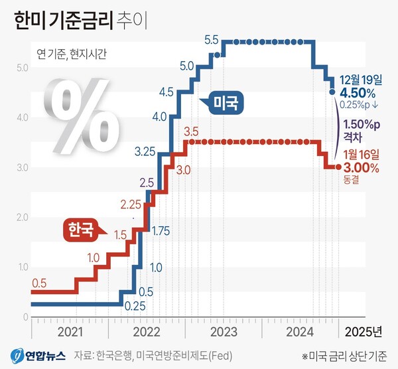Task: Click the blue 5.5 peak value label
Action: click(x=212, y=40)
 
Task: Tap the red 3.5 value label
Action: click(x=191, y=131)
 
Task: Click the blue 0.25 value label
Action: click(x=135, y=305)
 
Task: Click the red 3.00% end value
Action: click(x=361, y=169)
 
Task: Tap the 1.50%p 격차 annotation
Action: click(x=361, y=129)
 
